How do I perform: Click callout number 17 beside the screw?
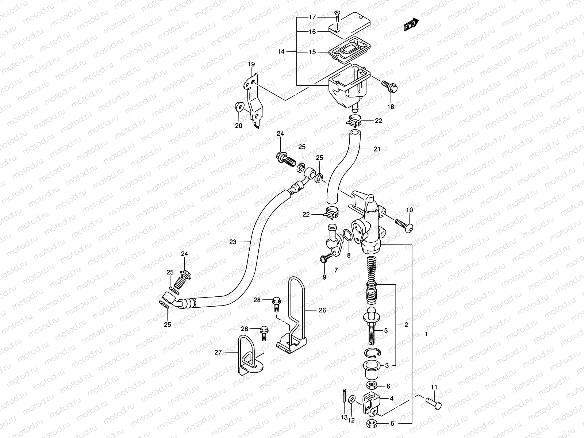point(312,17)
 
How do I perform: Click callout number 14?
point(281,52)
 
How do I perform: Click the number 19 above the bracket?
point(251,65)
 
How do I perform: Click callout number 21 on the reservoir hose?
point(377,149)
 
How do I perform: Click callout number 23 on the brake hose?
point(233,242)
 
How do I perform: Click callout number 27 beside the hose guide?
point(218,352)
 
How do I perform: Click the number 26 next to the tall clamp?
point(322,310)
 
